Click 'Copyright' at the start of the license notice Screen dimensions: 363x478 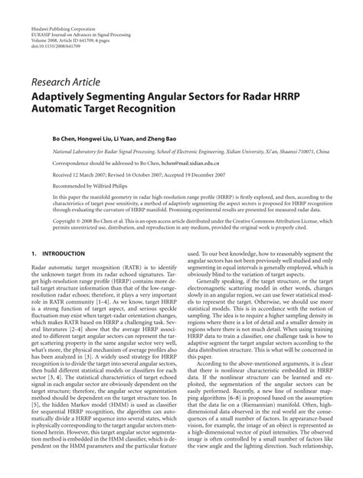tap(45, 219)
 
